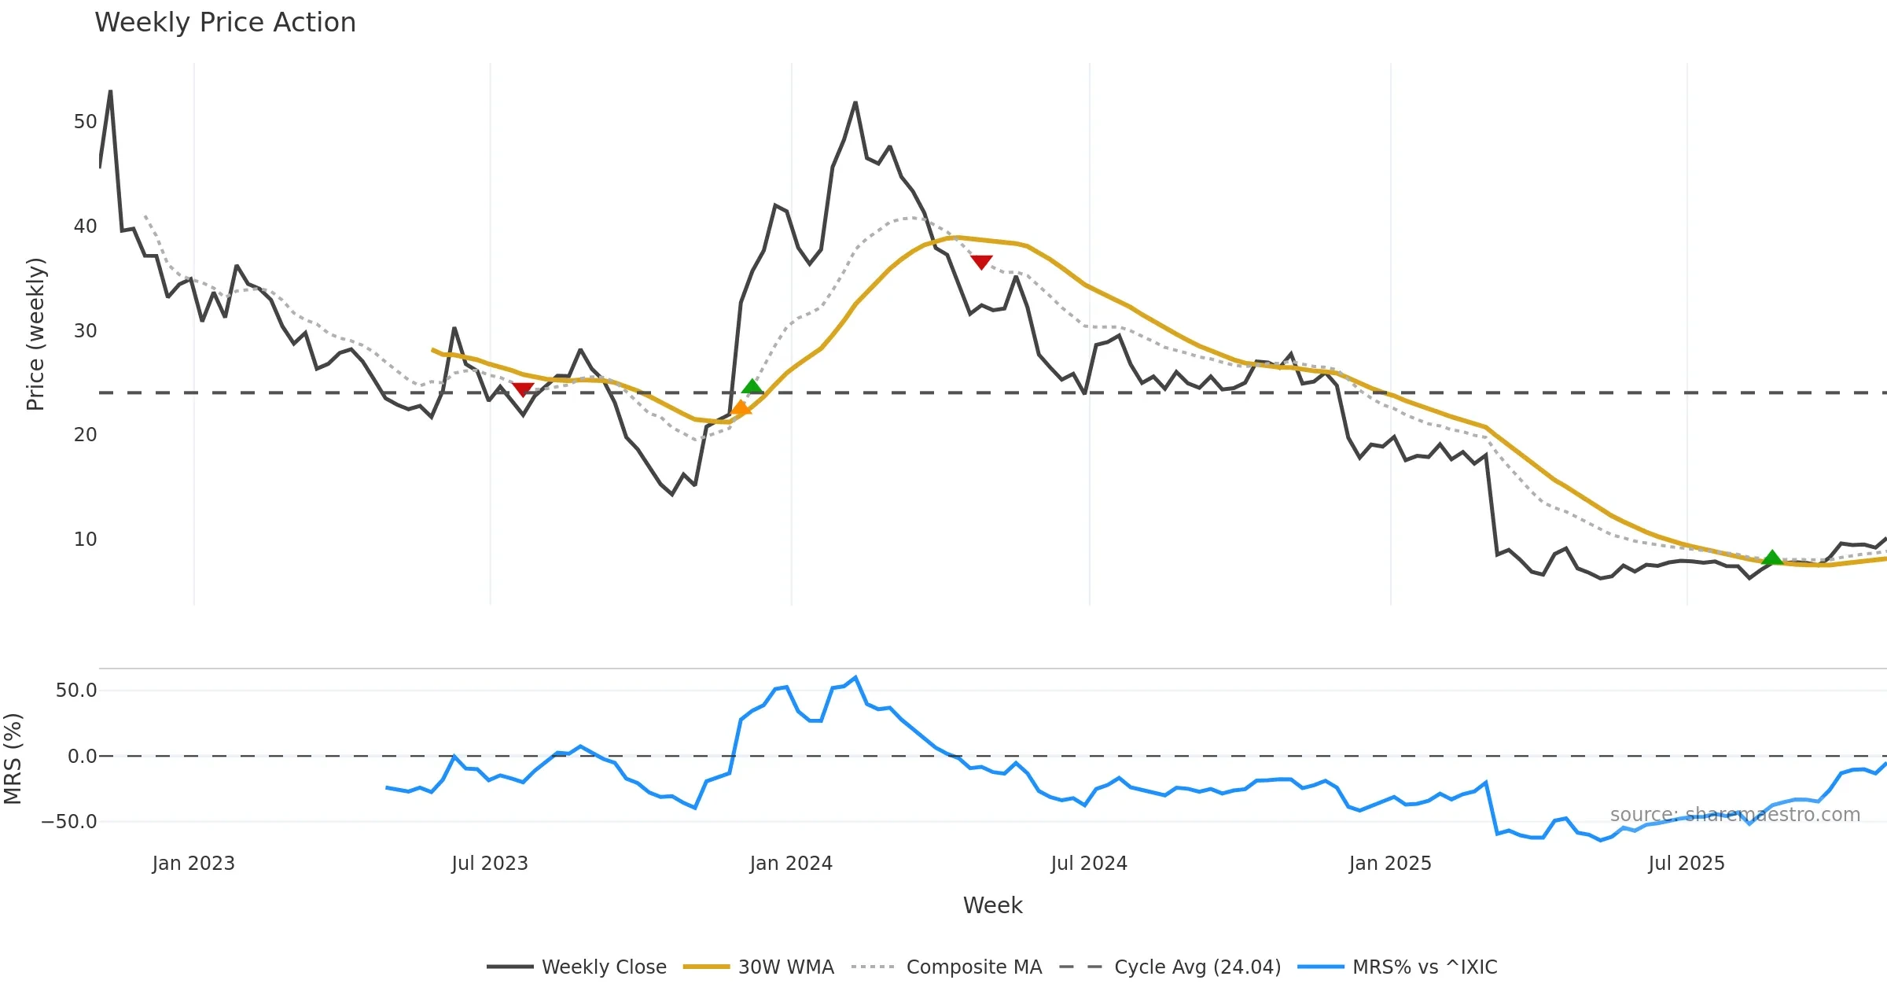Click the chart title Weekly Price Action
pos(225,23)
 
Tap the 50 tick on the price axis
pos(85,122)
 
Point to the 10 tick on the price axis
pos(85,540)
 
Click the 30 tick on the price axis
pos(85,330)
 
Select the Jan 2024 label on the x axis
pos(791,864)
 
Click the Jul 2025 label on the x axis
pos(1687,864)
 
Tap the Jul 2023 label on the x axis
pos(490,864)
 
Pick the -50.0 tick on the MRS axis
pos(69,822)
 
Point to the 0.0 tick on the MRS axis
pos(82,757)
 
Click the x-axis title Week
pos(992,906)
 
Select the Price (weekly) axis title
pos(36,334)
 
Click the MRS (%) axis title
pos(13,759)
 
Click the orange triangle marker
pos(741,407)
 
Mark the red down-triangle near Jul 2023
pos(523,389)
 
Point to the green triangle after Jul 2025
pos(1772,558)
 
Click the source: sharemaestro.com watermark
pos(1734,815)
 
